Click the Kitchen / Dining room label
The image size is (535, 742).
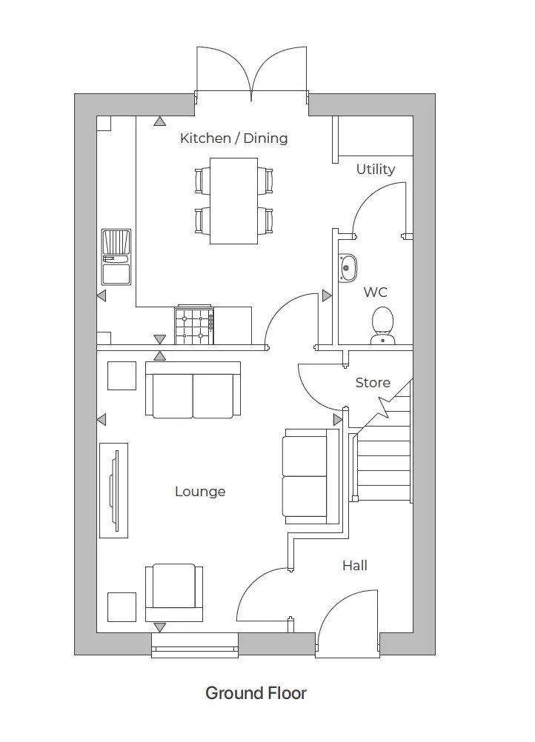click(233, 138)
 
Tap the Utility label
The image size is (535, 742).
click(375, 170)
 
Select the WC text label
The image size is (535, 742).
click(375, 293)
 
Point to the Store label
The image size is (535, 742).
click(372, 383)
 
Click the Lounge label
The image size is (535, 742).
click(200, 492)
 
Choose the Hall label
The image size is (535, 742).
click(354, 566)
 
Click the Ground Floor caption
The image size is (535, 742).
click(256, 693)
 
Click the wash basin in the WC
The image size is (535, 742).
click(348, 268)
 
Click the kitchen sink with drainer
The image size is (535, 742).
click(116, 257)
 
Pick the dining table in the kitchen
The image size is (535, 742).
click(233, 201)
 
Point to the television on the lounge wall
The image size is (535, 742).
click(113, 491)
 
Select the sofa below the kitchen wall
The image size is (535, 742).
click(193, 390)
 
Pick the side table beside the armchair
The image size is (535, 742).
click(122, 606)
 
